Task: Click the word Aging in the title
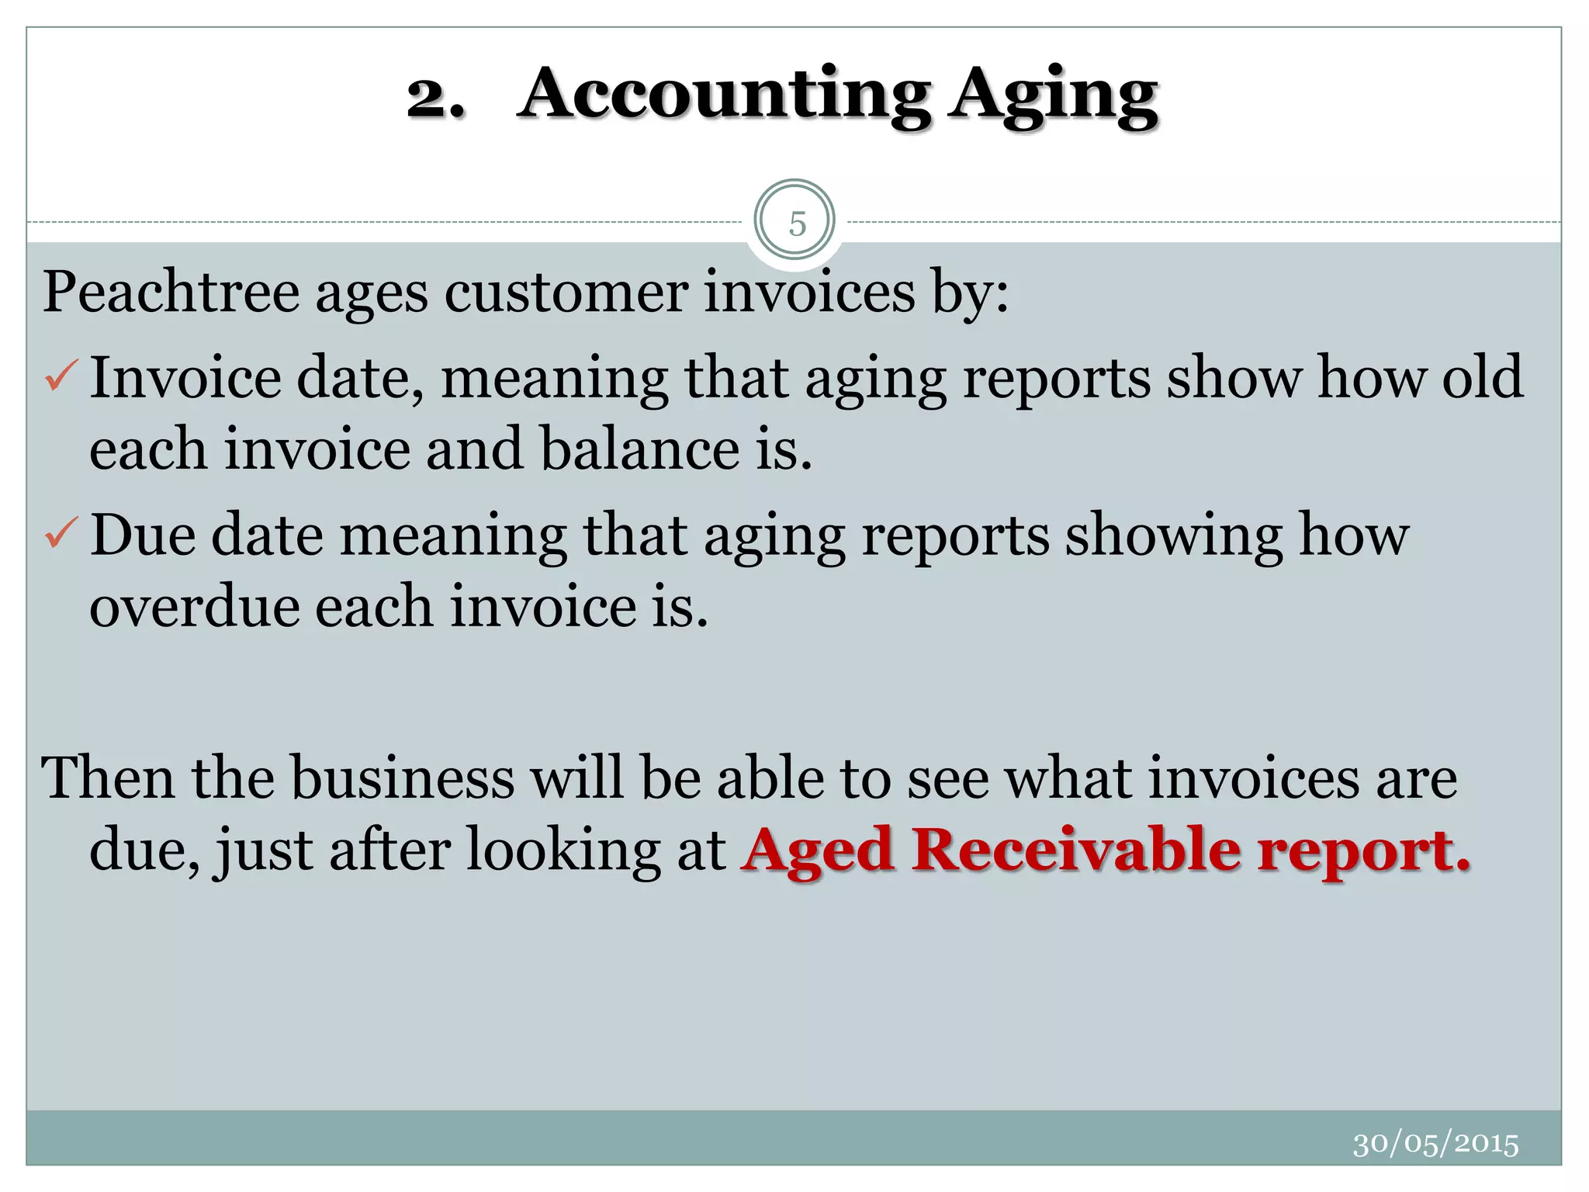coord(1055,98)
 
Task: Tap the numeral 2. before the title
coord(436,99)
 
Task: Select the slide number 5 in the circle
coord(797,223)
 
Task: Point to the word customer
coord(566,293)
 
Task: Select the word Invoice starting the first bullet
coord(185,378)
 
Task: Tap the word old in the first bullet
coord(1482,378)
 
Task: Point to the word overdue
coord(195,607)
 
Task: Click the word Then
coord(108,778)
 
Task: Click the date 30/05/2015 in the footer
coord(1435,1144)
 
